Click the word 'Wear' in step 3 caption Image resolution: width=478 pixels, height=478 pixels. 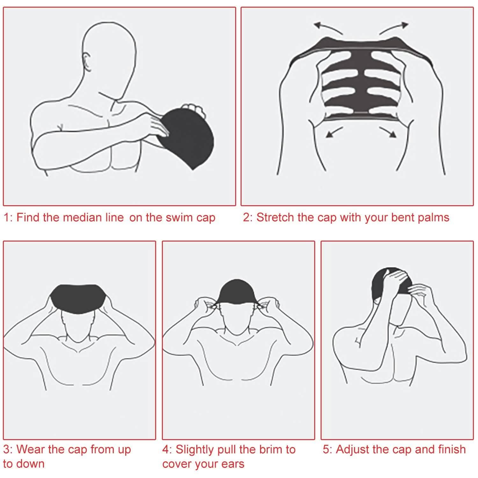click(x=29, y=449)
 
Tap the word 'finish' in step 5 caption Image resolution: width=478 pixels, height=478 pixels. click(x=452, y=449)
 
